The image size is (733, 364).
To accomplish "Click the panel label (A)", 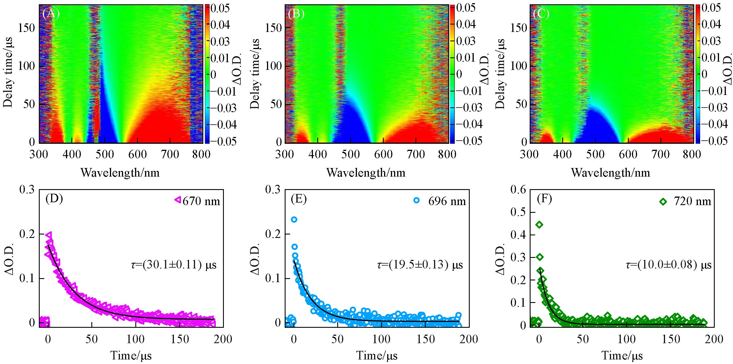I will click(x=51, y=14).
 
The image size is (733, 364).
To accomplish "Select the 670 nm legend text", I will click(x=201, y=201).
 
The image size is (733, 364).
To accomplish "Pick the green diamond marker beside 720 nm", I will click(x=663, y=202).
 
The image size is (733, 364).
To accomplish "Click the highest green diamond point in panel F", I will click(x=539, y=225).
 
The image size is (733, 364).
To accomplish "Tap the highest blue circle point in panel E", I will click(x=294, y=219).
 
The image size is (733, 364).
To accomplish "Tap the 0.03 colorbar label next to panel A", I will click(x=220, y=42).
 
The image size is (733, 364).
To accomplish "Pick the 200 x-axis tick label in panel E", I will click(x=469, y=339).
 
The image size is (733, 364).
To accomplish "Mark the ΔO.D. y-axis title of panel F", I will click(x=502, y=258).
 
